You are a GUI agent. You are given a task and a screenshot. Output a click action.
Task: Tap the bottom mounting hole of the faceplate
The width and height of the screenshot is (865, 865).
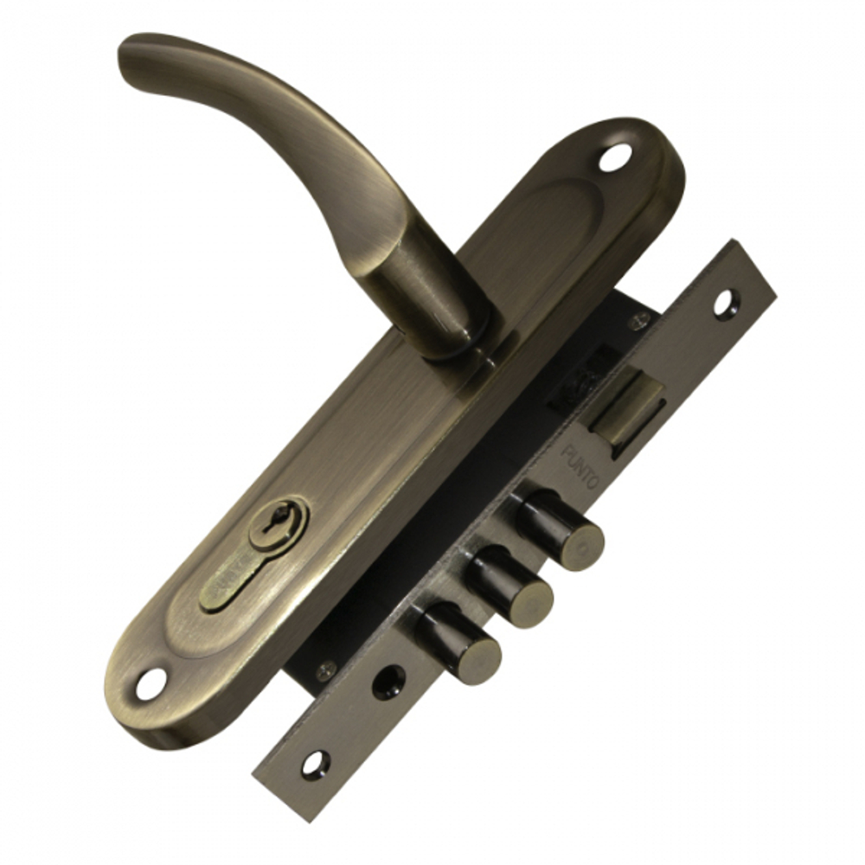click(315, 763)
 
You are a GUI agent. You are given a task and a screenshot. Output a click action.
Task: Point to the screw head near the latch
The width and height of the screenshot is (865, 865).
click(638, 324)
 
